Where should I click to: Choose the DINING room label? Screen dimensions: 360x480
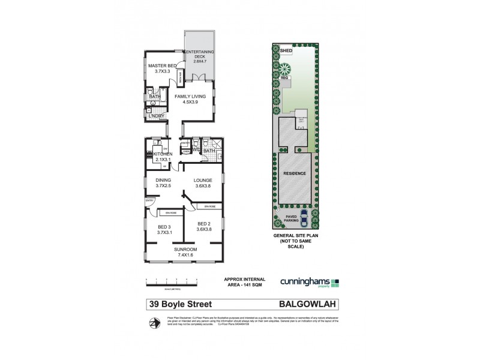(163, 180)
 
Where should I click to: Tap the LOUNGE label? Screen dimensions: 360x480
(203, 180)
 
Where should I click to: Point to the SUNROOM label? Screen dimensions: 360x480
(185, 249)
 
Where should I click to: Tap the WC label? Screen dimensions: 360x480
(196, 149)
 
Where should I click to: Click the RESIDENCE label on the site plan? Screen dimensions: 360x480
(295, 174)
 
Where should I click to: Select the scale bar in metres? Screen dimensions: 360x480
(172, 281)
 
